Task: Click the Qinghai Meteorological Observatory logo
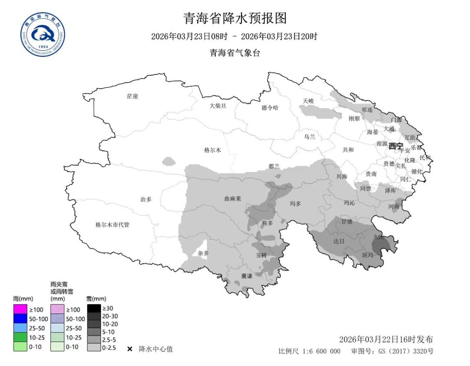[x=43, y=34]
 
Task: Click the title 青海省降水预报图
[x=235, y=18]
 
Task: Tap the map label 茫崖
[x=132, y=96]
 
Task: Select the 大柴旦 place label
[x=218, y=106]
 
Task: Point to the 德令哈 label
[x=270, y=107]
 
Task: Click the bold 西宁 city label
[x=396, y=146]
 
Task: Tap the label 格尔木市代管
[x=112, y=225]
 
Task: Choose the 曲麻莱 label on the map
[x=232, y=198]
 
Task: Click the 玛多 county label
[x=295, y=203]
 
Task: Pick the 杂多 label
[x=203, y=253]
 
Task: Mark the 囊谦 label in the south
[x=247, y=276]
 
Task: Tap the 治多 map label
[x=146, y=199]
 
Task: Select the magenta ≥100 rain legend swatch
[x=20, y=309]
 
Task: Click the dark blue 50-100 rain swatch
[x=20, y=319]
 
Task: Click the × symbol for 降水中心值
[x=130, y=349]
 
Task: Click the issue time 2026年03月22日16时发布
[x=386, y=339]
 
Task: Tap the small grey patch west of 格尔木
[x=168, y=162]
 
